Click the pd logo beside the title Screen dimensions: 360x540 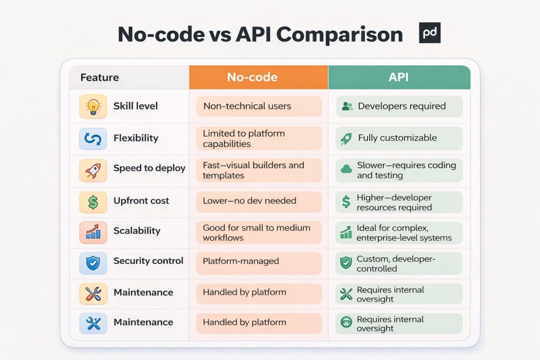pyautogui.click(x=429, y=33)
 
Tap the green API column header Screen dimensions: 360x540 pyautogui.click(x=399, y=77)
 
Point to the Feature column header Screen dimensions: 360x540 pyautogui.click(x=100, y=77)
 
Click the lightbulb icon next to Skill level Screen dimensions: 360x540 pyautogui.click(x=93, y=106)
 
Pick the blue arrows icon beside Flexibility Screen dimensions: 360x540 pyautogui.click(x=93, y=139)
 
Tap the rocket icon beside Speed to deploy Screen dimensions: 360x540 pyautogui.click(x=93, y=169)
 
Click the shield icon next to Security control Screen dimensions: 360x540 pyautogui.click(x=93, y=262)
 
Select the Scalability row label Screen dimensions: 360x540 pyautogui.click(x=137, y=231)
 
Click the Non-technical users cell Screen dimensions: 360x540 pyautogui.click(x=258, y=106)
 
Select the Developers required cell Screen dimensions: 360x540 pyautogui.click(x=399, y=106)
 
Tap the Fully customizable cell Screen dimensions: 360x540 pyautogui.click(x=399, y=138)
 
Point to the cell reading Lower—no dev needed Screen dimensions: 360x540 pyautogui.click(x=258, y=201)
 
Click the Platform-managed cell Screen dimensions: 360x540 pyautogui.click(x=258, y=261)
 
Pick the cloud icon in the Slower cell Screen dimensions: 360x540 pyautogui.click(x=346, y=169)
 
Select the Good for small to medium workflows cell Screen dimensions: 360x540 pyautogui.click(x=258, y=232)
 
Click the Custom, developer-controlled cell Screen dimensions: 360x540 pyautogui.click(x=399, y=264)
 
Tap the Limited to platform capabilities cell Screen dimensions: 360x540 pyautogui.click(x=258, y=139)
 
